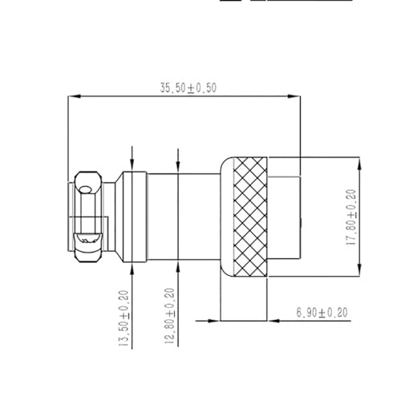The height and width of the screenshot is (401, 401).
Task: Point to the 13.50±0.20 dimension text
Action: pyautogui.click(x=124, y=318)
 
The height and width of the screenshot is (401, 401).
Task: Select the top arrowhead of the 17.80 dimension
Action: pyautogui.click(x=358, y=160)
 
